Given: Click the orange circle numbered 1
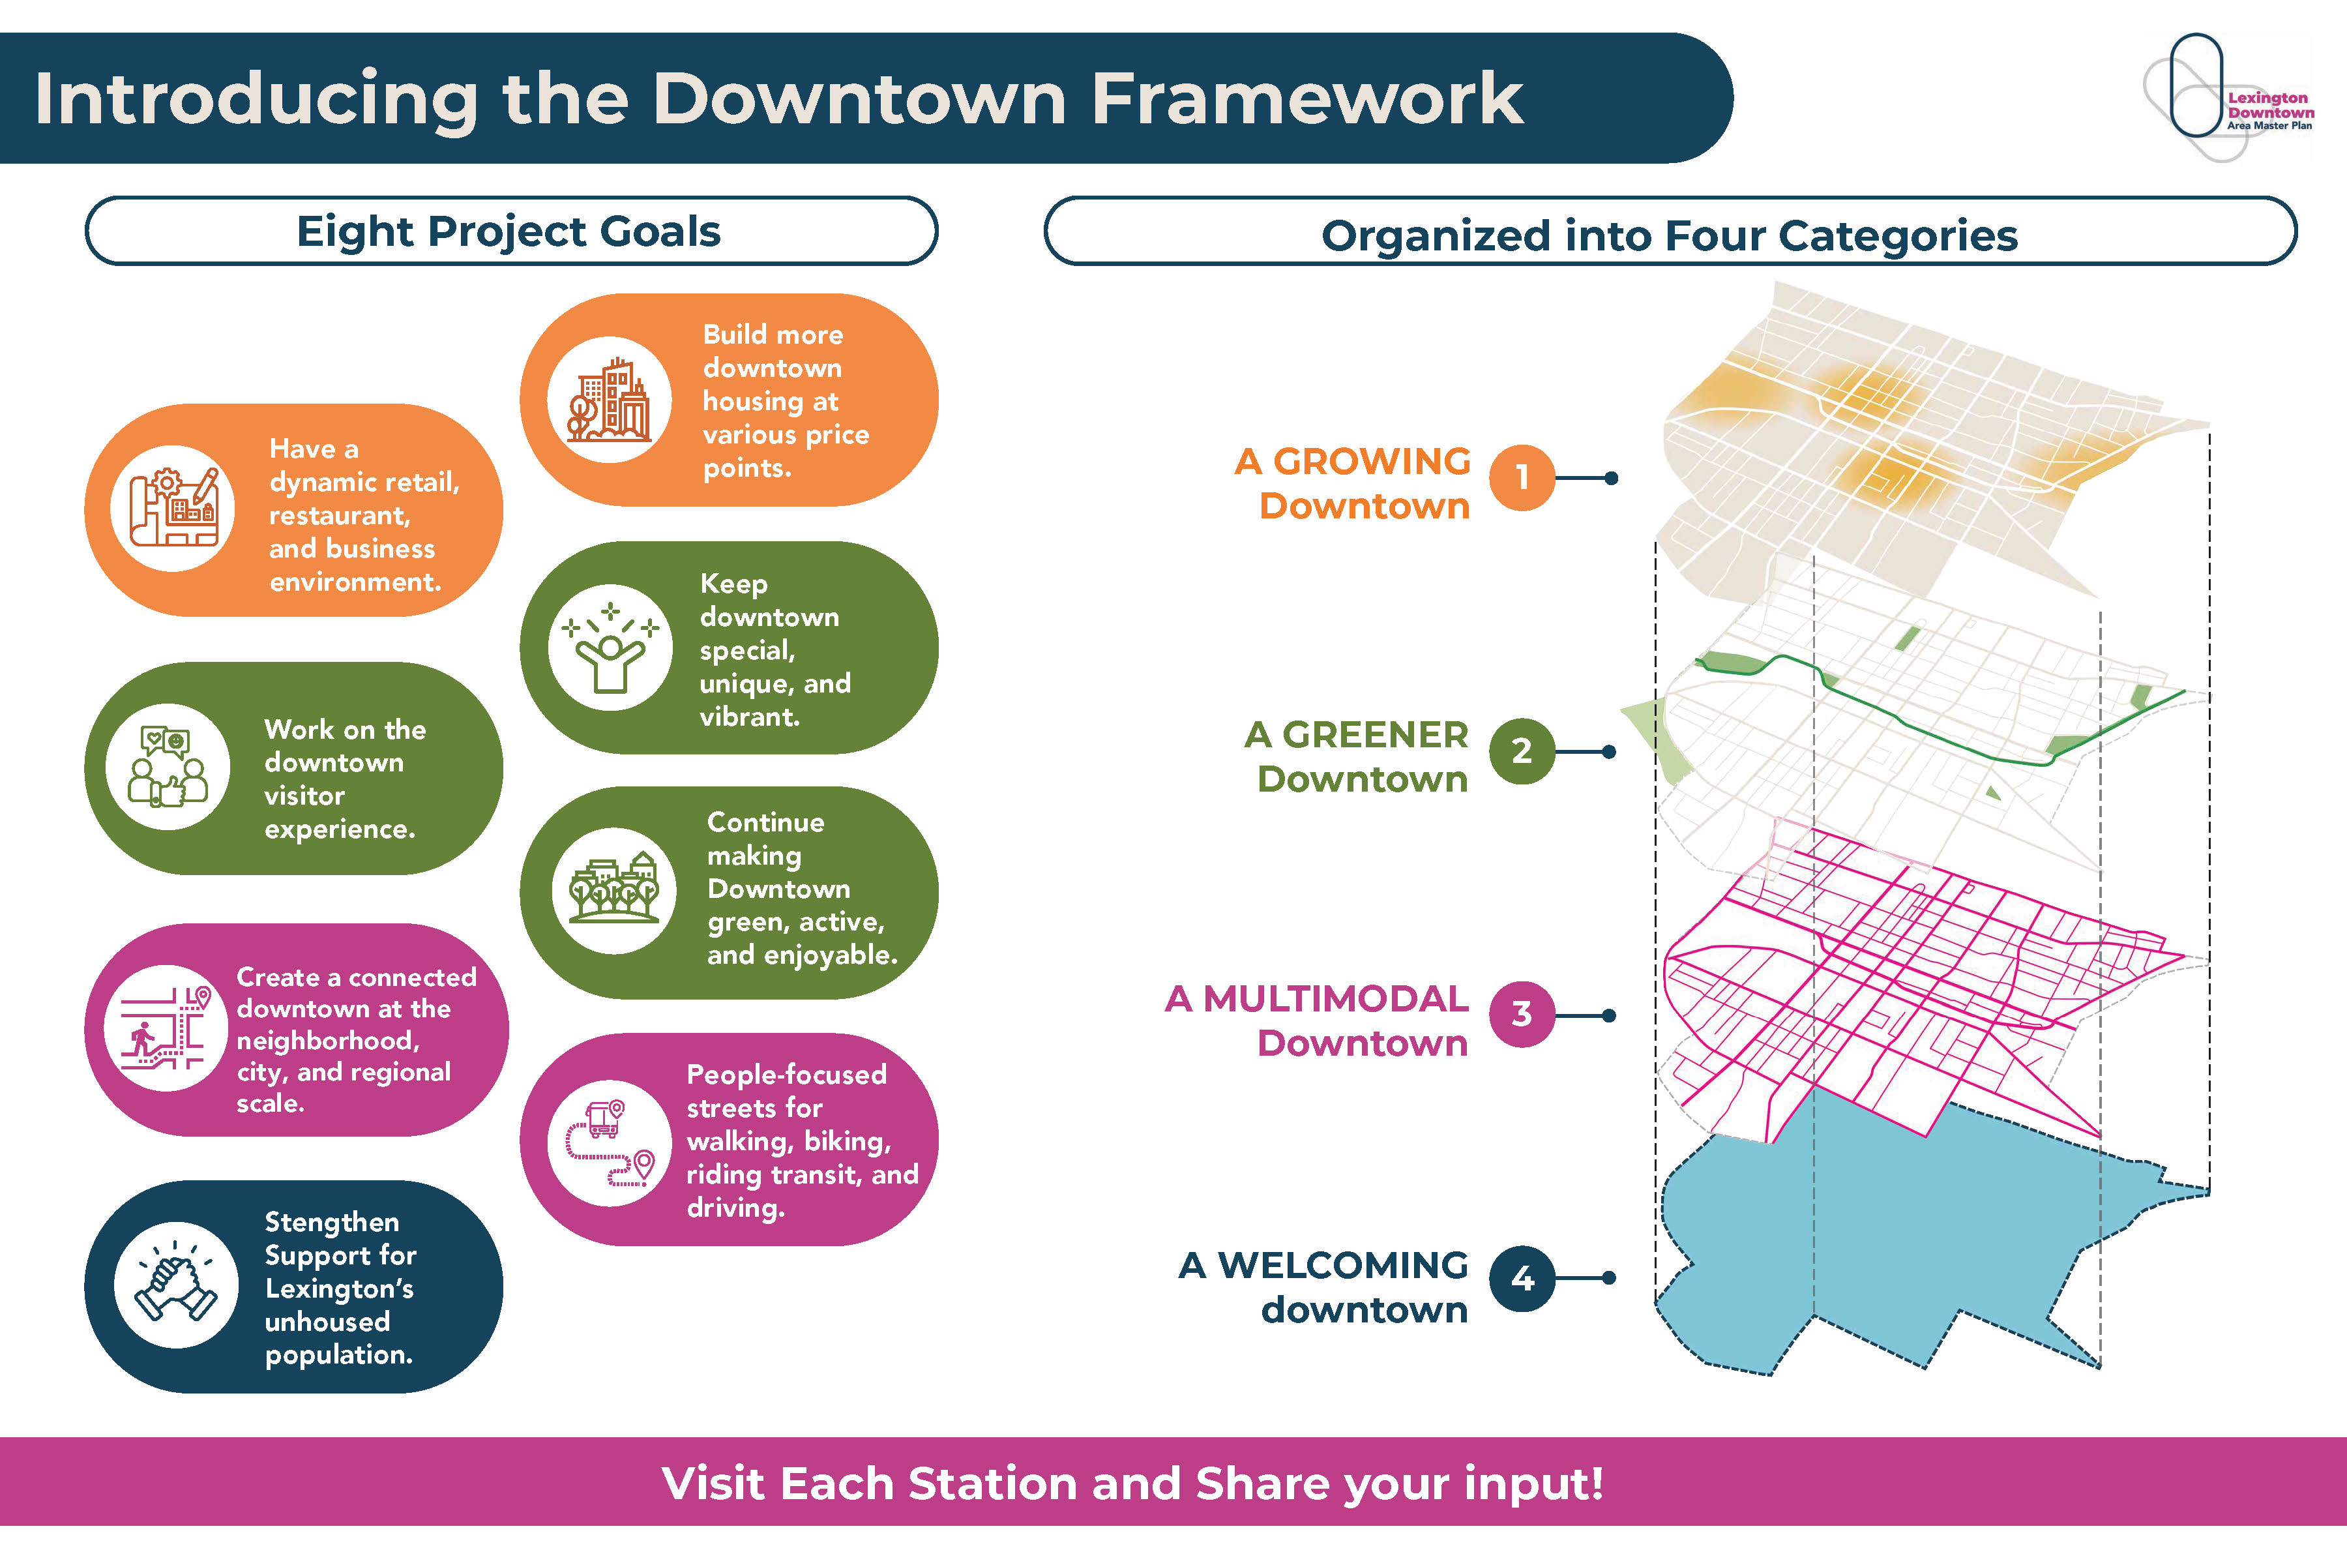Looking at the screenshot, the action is click(1522, 478).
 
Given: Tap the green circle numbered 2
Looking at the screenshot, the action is click(1522, 751).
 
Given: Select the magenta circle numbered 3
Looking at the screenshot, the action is click(1522, 1014).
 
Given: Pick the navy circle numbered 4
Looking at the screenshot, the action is click(1522, 1277).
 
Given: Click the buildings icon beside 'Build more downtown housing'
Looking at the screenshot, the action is click(609, 399).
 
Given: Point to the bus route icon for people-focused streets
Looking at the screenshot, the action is click(610, 1143).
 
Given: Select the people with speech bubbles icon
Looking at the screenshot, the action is click(168, 767).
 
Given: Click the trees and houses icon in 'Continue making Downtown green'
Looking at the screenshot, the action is click(613, 889).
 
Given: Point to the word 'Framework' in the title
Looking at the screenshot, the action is click(1306, 99).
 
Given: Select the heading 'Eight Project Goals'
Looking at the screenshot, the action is click(509, 231).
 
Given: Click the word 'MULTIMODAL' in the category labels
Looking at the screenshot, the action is click(1335, 998).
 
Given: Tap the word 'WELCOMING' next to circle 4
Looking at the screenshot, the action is click(1343, 1264).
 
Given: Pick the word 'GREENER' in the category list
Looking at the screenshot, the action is click(1375, 735).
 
